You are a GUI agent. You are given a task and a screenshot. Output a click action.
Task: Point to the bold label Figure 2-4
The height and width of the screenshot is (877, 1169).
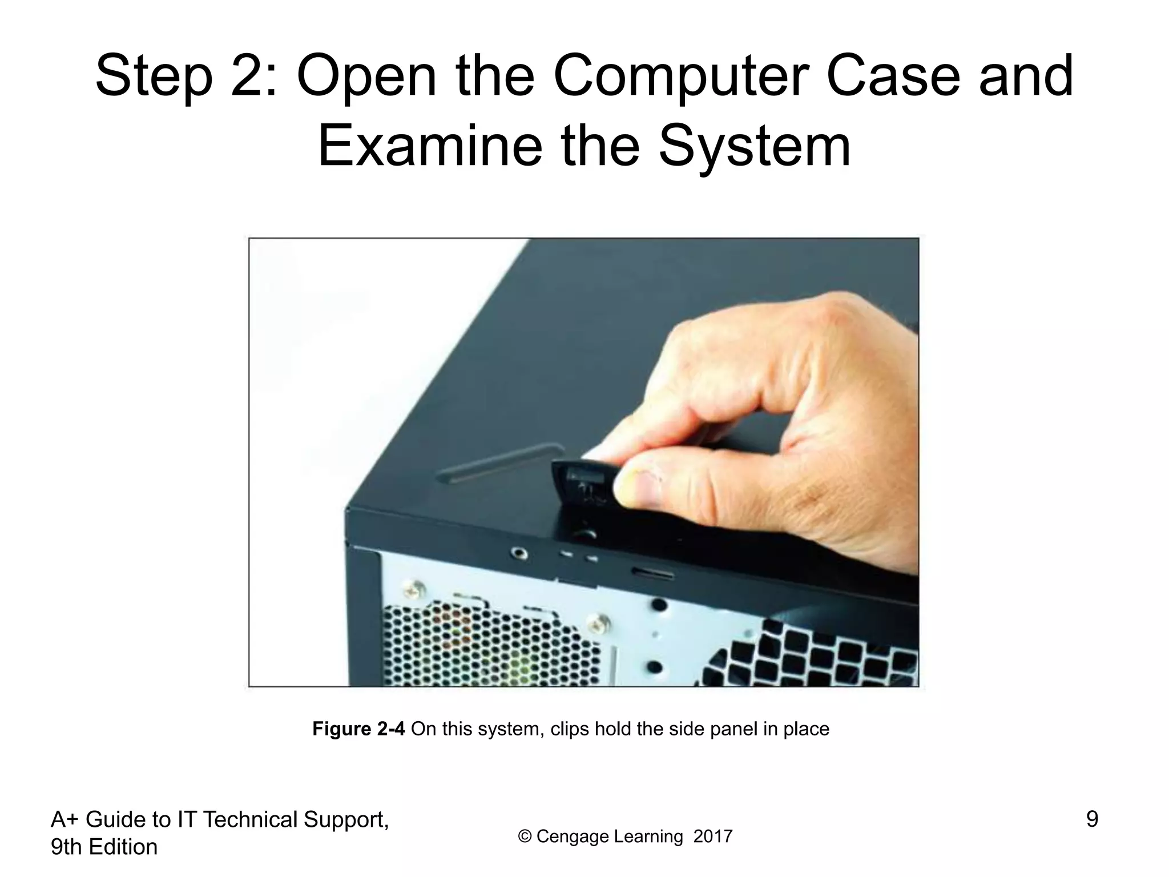point(358,729)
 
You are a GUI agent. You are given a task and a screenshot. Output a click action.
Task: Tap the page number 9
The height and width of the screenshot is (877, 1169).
point(1091,819)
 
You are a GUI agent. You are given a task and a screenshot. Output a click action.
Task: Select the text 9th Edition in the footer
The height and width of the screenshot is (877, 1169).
point(104,847)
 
